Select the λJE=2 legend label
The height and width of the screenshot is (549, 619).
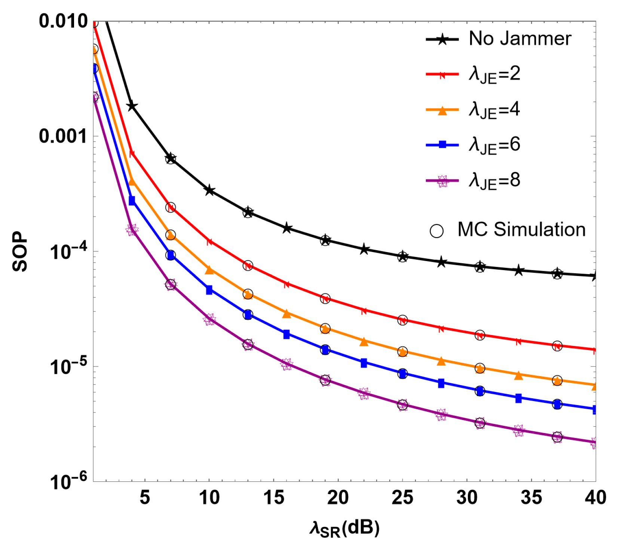tap(494, 74)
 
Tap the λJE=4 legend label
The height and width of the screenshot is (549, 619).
tap(494, 110)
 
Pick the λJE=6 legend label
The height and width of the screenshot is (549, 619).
tap(494, 145)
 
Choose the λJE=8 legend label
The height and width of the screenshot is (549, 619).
tap(494, 181)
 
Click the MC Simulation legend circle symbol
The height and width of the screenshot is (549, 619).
tap(436, 231)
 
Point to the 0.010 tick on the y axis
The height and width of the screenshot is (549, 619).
tap(63, 21)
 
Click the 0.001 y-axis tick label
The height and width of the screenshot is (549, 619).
tap(63, 136)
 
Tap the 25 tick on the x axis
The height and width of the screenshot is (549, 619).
tap(402, 498)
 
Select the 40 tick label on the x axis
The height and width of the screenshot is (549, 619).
tap(595, 498)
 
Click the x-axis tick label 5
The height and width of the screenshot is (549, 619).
tap(145, 498)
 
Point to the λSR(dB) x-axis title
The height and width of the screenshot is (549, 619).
tap(344, 528)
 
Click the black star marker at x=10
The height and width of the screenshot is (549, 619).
tap(209, 190)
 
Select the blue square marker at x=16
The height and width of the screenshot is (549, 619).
tap(286, 334)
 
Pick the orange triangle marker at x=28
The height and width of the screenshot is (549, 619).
tap(441, 361)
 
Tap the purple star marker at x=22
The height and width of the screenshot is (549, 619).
tap(364, 393)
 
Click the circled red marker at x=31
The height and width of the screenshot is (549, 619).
tap(480, 335)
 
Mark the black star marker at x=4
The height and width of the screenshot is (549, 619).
tap(132, 107)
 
